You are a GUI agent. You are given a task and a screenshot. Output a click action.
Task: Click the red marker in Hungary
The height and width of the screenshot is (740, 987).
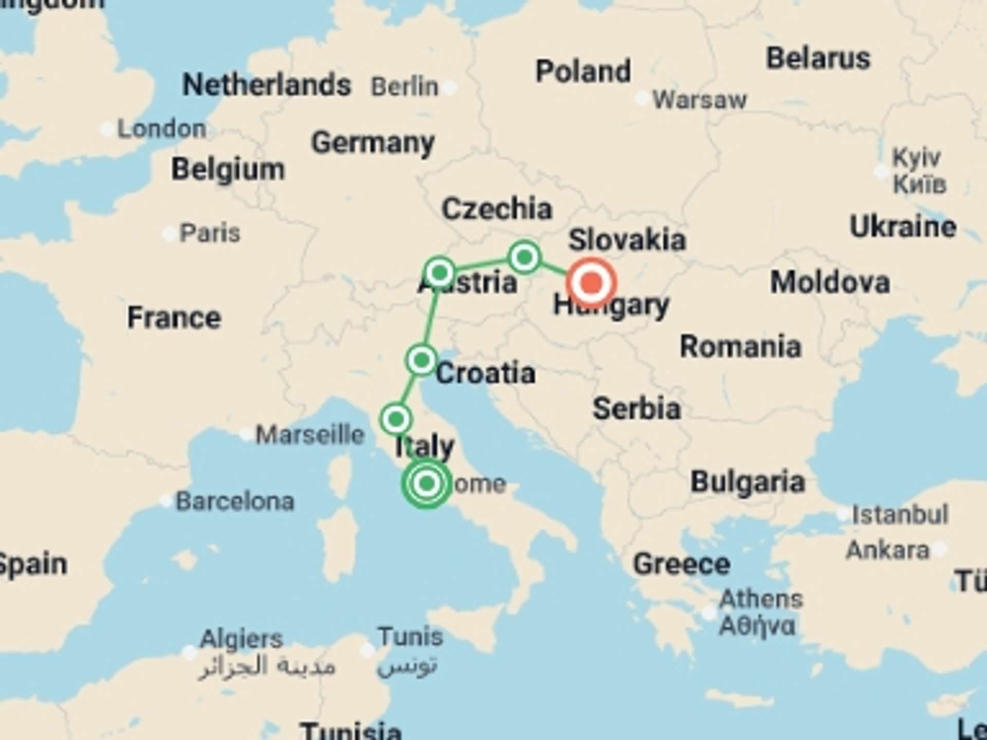coord(591,283)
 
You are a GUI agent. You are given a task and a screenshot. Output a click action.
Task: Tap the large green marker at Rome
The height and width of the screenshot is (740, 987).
coord(427,483)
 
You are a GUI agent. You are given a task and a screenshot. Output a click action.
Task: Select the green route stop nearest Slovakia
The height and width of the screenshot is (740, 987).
coord(524,256)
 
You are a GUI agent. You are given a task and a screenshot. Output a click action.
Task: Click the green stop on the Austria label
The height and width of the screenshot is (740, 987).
coord(440,272)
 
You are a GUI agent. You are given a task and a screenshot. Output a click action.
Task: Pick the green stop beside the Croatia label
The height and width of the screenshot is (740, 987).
coord(422,360)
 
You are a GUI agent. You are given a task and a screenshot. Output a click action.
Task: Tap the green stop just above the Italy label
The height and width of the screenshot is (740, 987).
coord(396,419)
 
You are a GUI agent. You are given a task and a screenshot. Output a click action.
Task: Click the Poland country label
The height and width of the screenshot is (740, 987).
coord(583,71)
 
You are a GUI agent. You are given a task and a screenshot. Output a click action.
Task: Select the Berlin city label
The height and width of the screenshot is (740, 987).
coord(405,86)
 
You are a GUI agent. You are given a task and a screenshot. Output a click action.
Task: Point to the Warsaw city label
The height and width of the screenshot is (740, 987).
coord(699,100)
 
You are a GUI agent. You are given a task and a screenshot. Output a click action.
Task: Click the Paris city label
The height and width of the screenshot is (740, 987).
coord(209,233)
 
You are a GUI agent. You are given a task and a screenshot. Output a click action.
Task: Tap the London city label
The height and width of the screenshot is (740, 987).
coord(161,128)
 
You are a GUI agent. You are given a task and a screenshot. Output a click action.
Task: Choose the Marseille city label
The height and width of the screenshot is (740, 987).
coord(310,435)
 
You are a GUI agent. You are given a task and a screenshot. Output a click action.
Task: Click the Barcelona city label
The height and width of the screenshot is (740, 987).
coord(235,501)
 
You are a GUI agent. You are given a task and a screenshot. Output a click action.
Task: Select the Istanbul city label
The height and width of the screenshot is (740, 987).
coord(900,514)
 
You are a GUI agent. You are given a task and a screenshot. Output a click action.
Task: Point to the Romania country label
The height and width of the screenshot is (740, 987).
coord(740,347)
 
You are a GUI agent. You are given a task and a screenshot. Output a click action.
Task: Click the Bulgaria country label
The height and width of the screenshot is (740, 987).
coord(747,482)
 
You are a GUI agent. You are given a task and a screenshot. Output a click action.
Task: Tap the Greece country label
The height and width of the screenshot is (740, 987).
coord(682,564)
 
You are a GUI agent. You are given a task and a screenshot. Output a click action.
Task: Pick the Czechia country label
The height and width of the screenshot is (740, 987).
coord(497,209)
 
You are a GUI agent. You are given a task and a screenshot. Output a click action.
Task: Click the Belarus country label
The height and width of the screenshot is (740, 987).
coord(818,58)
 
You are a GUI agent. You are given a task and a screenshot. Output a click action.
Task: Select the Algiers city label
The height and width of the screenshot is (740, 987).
coord(241,639)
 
